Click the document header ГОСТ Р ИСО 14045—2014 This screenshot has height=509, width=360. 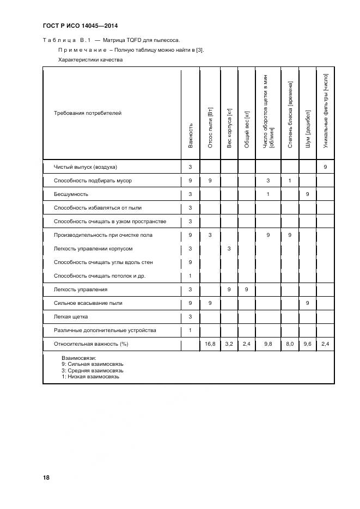click(80, 26)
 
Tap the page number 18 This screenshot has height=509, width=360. click(46, 477)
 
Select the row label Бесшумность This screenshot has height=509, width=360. click(71, 194)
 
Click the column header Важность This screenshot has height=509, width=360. click(190, 135)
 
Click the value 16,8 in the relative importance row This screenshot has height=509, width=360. click(210, 344)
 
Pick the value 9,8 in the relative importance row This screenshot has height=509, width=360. click(268, 344)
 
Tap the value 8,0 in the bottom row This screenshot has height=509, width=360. click(290, 344)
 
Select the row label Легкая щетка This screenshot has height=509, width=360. click(71, 316)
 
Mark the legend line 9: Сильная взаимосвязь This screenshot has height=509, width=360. click(93, 363)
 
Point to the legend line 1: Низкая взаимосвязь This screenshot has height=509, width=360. click(90, 376)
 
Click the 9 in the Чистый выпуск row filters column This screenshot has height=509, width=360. click(325, 167)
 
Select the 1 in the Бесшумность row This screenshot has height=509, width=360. click(268, 194)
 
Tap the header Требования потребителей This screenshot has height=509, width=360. click(88, 113)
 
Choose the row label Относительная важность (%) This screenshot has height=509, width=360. click(91, 344)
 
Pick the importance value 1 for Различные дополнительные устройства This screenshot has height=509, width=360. click(190, 330)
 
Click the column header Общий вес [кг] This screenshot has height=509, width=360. click(247, 130)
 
